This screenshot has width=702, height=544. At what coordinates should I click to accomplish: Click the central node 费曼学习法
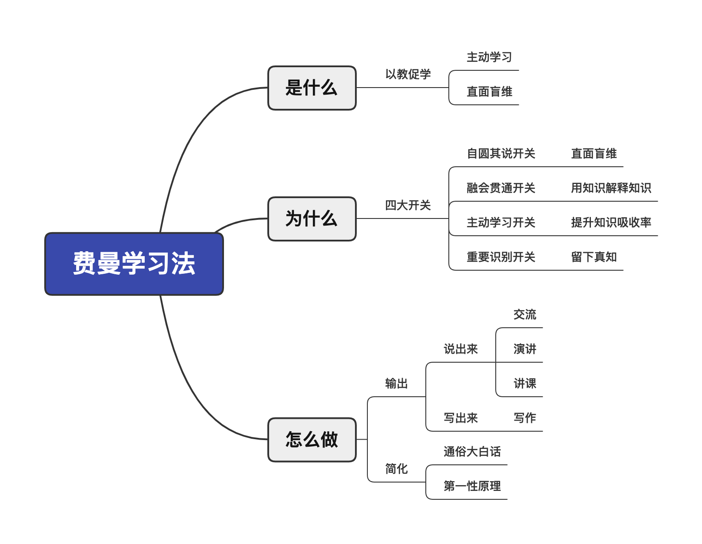[x=134, y=264]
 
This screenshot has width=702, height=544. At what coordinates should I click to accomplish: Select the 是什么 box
[x=312, y=88]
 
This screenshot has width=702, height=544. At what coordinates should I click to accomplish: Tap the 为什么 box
[x=312, y=219]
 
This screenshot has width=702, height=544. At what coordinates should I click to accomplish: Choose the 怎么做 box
[x=312, y=440]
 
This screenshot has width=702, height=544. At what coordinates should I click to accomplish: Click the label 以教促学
[x=408, y=74]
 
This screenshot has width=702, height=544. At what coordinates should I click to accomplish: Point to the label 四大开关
[x=408, y=205]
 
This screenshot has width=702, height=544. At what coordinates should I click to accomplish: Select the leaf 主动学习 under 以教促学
[x=489, y=57]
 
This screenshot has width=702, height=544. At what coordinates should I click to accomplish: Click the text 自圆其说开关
[x=501, y=153]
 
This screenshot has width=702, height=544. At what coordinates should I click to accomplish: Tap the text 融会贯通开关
[x=501, y=188]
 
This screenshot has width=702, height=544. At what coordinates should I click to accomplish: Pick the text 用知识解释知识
[x=611, y=188]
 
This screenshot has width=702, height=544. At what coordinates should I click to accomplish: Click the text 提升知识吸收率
[x=611, y=222]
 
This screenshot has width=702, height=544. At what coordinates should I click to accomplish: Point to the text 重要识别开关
[x=501, y=257]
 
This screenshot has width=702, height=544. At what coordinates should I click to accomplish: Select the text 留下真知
[x=594, y=257]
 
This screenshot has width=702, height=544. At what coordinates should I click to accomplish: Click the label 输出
[x=396, y=383]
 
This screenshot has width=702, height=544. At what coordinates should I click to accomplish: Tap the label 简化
[x=396, y=469]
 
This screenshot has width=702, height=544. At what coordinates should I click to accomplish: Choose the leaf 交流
[x=525, y=314]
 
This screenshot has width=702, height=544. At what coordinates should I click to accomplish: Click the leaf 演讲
[x=525, y=349]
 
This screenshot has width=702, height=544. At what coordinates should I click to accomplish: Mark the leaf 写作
[x=525, y=418]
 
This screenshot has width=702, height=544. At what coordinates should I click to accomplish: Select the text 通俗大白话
[x=472, y=452]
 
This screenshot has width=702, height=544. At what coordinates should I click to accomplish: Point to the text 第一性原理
[x=472, y=486]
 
